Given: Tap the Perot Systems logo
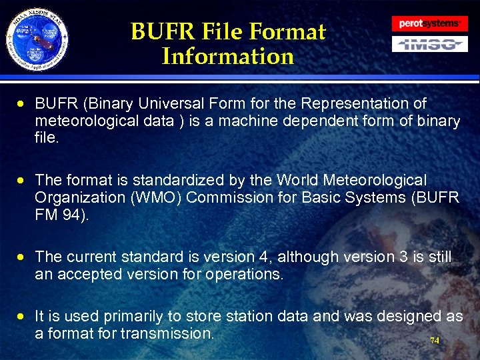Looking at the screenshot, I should [429, 23].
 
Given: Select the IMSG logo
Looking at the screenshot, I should [429, 44].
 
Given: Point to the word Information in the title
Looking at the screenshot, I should [228, 56].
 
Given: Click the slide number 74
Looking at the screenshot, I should [435, 340].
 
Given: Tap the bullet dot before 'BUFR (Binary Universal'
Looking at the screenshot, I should [22, 104].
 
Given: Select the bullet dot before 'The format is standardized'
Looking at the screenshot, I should [22, 181].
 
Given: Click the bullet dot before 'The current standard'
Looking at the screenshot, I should [22, 257].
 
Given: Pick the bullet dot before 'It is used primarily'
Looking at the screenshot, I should [22, 317].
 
